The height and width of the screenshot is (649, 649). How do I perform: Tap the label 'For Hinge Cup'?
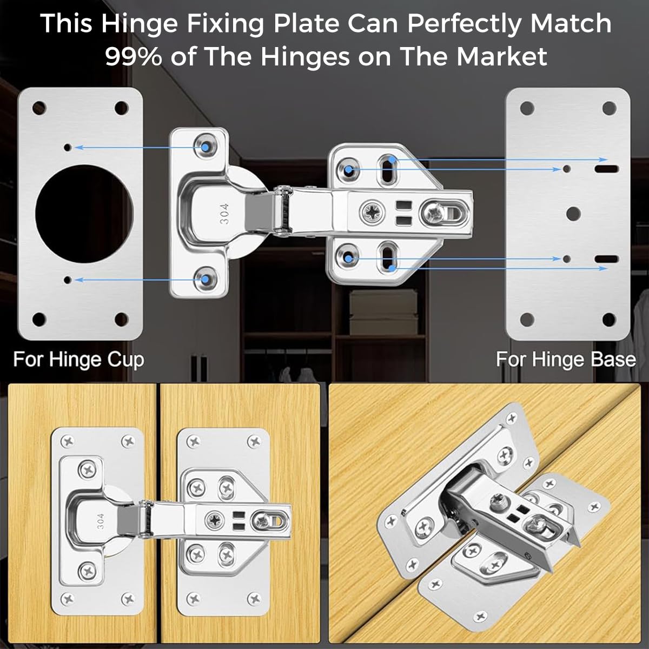point(79,360)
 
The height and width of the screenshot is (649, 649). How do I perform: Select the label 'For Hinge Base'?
point(566,360)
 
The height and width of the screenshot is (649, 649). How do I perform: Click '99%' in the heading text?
point(133,56)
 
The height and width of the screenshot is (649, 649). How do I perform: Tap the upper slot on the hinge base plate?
point(607,169)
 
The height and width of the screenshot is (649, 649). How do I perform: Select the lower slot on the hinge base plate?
point(607,259)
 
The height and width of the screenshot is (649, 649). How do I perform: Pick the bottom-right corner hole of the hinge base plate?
point(609,319)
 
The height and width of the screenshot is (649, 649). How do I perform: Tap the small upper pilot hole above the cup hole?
point(68,147)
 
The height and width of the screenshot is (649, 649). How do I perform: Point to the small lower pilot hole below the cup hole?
point(68,279)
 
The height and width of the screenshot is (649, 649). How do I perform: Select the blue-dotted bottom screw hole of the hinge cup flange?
point(206,280)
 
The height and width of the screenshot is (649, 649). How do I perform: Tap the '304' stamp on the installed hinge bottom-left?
point(101,521)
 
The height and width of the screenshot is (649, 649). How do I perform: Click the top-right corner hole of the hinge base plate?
point(609,108)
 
